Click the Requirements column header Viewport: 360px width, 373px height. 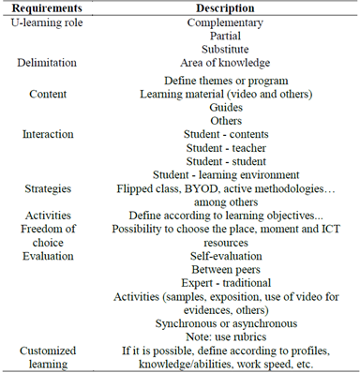pos(48,8)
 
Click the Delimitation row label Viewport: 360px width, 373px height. pos(47,63)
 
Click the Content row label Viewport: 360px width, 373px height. pos(47,94)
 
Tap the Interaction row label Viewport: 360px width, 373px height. pos(47,134)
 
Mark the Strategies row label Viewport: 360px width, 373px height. pos(47,188)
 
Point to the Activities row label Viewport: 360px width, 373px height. pos(47,216)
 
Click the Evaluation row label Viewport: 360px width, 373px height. pos(47,243)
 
